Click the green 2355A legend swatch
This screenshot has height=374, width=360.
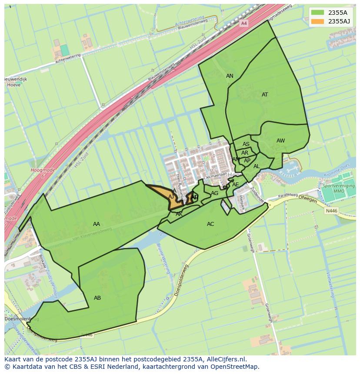click(317, 13)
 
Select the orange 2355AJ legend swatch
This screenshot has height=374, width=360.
click(317, 21)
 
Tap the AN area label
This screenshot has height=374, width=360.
click(230, 76)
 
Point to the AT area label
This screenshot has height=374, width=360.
click(265, 95)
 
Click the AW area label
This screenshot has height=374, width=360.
click(280, 141)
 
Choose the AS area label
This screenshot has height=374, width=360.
click(246, 144)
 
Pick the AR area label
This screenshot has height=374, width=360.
click(245, 153)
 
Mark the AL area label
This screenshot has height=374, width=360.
click(257, 166)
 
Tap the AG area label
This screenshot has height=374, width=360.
click(214, 193)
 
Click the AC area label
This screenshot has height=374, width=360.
click(210, 224)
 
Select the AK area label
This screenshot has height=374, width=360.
click(179, 214)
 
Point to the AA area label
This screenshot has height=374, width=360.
click(97, 224)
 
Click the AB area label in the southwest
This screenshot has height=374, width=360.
click(97, 298)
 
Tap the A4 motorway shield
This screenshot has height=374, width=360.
click(244, 23)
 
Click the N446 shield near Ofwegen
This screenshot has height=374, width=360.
click(331, 211)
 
